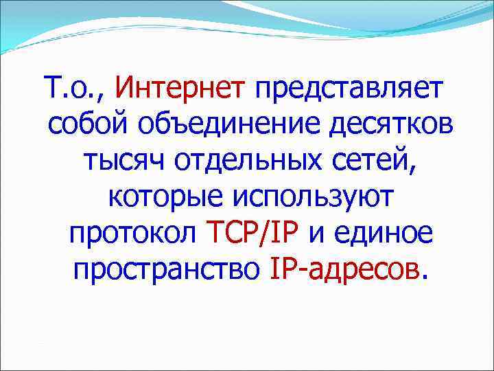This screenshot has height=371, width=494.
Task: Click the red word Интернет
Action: (180, 89)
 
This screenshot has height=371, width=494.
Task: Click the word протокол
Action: (132, 237)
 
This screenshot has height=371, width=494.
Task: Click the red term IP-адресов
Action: (344, 273)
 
